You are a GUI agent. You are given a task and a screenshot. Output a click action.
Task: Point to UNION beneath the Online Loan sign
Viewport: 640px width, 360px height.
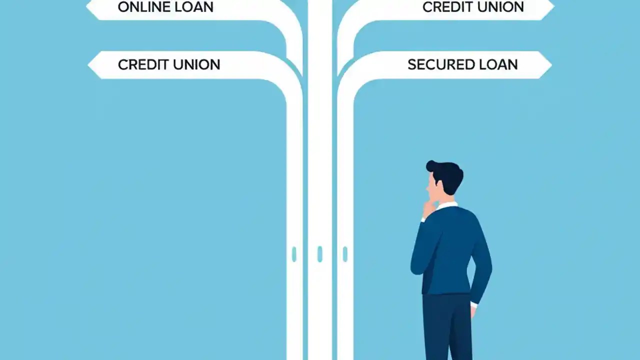tap(196, 64)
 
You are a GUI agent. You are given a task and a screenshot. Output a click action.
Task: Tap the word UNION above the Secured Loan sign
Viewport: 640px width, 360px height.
tap(500, 7)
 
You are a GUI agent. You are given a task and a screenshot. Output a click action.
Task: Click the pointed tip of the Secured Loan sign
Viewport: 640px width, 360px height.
tap(550, 64)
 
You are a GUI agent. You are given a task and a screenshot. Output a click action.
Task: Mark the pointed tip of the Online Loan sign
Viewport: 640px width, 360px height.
tap(88, 7)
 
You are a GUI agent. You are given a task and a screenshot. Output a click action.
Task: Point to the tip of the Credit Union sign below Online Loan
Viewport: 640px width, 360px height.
tap(89, 64)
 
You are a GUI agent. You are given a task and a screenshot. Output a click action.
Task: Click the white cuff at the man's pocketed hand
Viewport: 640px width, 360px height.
tap(473, 303)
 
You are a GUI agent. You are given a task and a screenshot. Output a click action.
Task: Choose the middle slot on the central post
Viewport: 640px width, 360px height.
tap(320, 254)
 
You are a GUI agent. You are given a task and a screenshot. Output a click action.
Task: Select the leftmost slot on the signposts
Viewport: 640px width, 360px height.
tap(294, 254)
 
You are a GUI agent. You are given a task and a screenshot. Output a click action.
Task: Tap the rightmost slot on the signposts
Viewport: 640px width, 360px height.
tap(345, 254)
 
